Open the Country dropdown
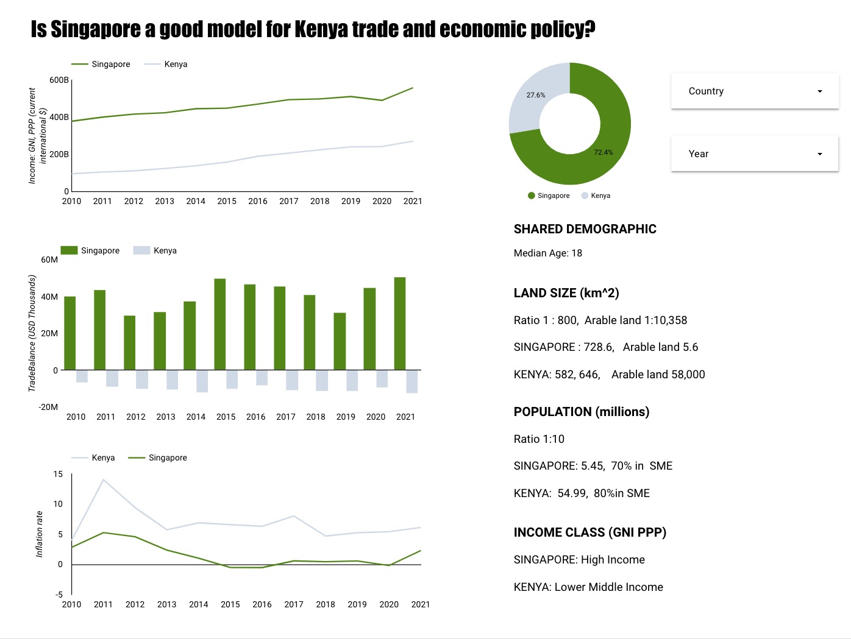(x=755, y=91)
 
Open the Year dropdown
(x=755, y=154)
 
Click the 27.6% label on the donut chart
(x=536, y=95)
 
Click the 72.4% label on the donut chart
(x=604, y=152)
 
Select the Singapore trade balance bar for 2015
(x=220, y=324)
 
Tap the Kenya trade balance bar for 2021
(x=412, y=381)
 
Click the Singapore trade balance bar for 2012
(x=130, y=342)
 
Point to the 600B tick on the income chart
(x=59, y=80)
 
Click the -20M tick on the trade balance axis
(x=48, y=407)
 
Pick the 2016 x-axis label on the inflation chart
(x=262, y=604)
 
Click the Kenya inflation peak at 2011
(x=104, y=480)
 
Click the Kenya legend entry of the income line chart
(x=176, y=64)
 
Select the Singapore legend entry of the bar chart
(x=100, y=250)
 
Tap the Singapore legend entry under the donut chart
(x=553, y=196)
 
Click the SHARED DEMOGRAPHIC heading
(x=585, y=229)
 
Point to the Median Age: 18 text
(x=547, y=253)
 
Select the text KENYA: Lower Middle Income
(x=588, y=587)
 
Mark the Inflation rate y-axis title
(x=40, y=534)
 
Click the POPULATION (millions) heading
(x=581, y=412)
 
